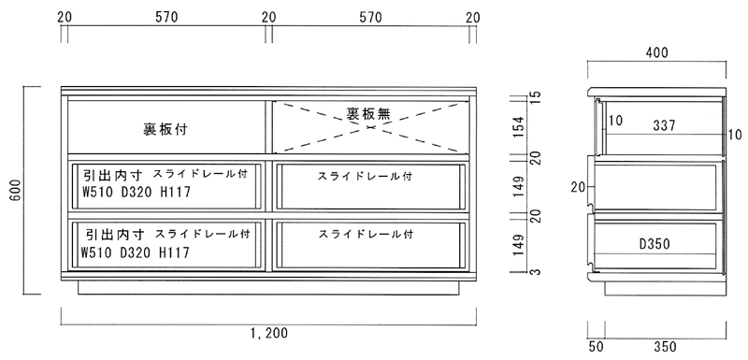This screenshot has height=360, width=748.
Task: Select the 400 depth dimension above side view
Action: (656, 53)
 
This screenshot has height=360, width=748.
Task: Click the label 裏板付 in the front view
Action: (165, 129)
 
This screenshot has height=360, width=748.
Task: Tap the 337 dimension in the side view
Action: (665, 124)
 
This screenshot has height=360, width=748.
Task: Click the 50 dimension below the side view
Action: (596, 347)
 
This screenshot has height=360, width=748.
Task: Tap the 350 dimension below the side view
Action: (665, 347)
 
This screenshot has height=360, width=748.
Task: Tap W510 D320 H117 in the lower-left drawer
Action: (137, 252)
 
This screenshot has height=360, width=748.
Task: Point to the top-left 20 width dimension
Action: (65, 16)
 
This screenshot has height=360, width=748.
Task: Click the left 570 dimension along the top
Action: (166, 16)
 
